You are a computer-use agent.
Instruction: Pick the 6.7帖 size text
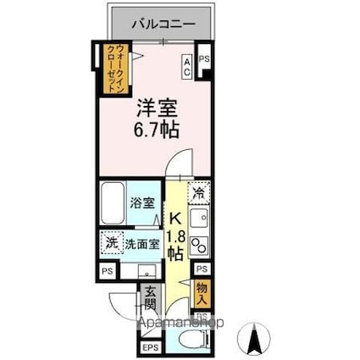pos(156,130)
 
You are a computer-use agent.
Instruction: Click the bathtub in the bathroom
pos(112,204)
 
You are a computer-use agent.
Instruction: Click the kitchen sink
pos(200,221)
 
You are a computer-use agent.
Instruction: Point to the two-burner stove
pos(199,246)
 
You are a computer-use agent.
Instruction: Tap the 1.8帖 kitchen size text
pos(175,241)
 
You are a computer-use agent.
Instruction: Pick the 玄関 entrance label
pos(149,300)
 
